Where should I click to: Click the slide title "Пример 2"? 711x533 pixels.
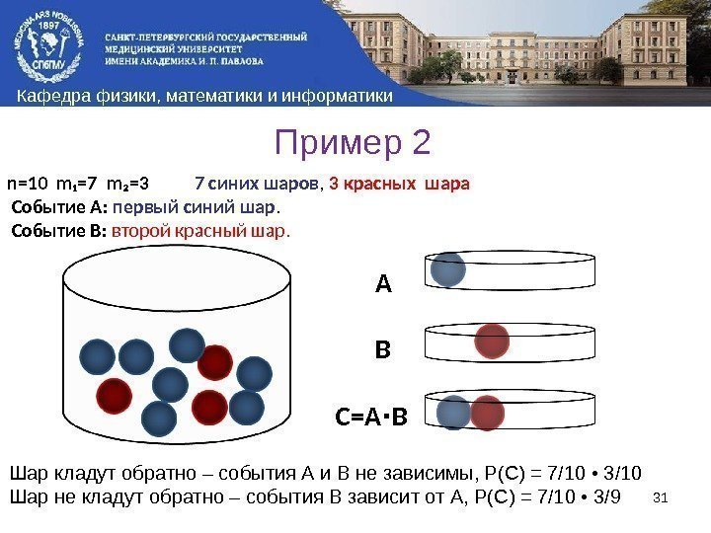[x=354, y=144]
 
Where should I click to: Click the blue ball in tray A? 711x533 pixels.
[x=448, y=268]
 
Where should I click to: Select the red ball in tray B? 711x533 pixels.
[x=492, y=342]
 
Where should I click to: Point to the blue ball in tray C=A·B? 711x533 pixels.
[x=454, y=414]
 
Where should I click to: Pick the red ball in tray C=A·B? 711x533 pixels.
[x=487, y=414]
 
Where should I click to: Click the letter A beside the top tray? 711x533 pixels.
[x=383, y=285]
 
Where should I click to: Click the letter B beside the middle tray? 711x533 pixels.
[x=383, y=350]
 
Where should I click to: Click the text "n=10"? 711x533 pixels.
[x=27, y=184]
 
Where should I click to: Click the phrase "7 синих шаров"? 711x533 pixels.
[x=257, y=184]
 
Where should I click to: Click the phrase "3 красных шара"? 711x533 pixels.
[x=400, y=184]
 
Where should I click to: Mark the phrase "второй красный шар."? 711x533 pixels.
[x=201, y=232]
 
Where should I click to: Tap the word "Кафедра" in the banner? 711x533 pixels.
[x=46, y=96]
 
